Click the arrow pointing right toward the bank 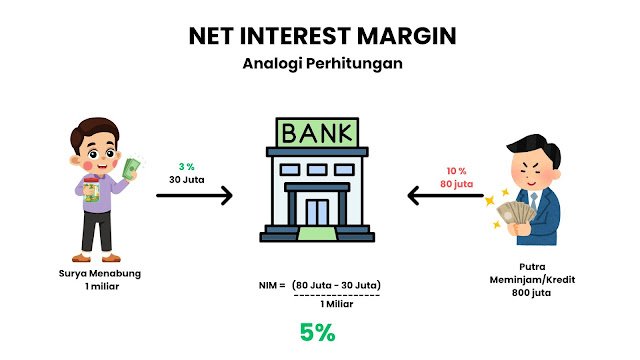pyautogui.click(x=194, y=195)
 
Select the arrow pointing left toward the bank pyautogui.click(x=446, y=195)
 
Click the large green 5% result pyautogui.click(x=318, y=334)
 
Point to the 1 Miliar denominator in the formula pyautogui.click(x=336, y=304)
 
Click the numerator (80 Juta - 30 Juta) pyautogui.click(x=338, y=286)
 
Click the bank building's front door pyautogui.click(x=319, y=212)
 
